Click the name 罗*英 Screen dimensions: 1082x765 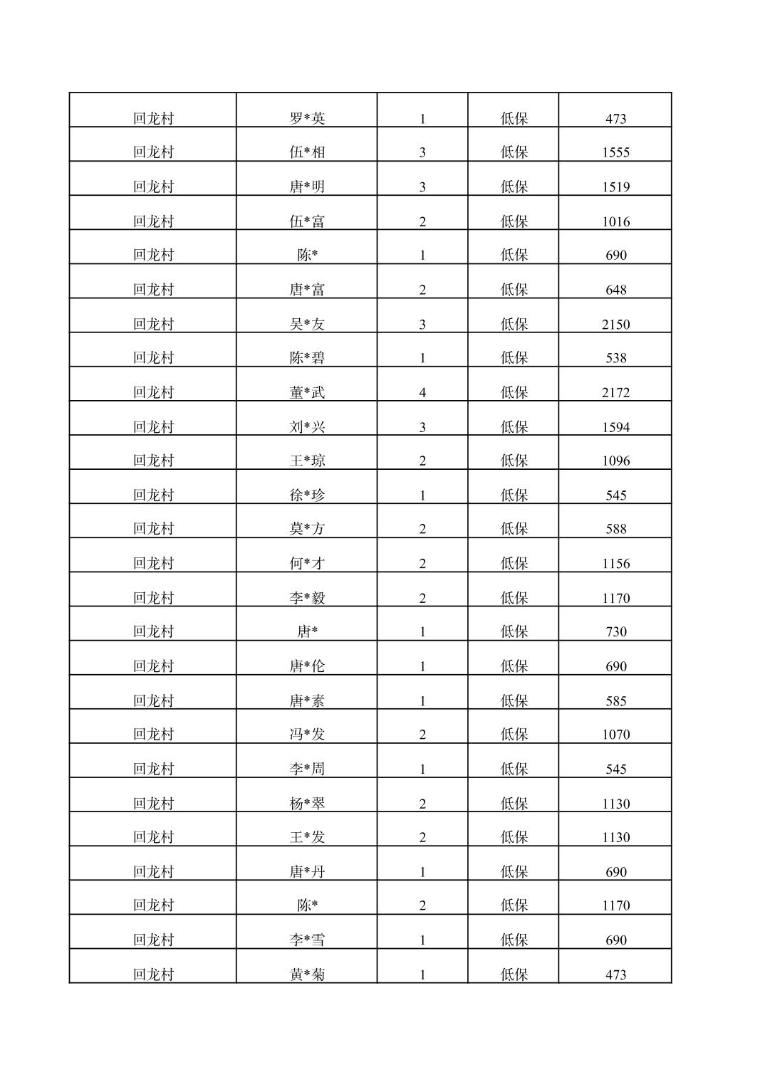point(307,118)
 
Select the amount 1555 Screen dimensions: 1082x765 point(615,152)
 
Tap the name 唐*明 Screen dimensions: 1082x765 point(307,187)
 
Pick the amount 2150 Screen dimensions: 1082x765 point(615,325)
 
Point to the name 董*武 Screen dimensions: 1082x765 point(307,392)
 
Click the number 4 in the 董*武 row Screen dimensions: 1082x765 point(422,392)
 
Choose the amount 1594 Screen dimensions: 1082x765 point(615,427)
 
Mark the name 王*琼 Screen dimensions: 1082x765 point(307,461)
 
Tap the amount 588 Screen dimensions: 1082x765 point(615,529)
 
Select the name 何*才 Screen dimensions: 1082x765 point(307,564)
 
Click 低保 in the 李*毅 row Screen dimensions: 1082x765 point(514,598)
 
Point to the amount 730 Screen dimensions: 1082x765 point(615,632)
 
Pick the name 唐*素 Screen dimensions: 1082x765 point(307,701)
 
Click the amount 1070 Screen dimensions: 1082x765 point(615,735)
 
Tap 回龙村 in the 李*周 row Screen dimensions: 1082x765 point(153,769)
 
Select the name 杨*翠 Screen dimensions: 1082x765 point(307,804)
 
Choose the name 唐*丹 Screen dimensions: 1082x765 point(307,872)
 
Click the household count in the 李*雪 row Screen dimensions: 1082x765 point(422,940)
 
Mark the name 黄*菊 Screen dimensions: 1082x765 point(307,975)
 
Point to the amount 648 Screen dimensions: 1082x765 point(615,290)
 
